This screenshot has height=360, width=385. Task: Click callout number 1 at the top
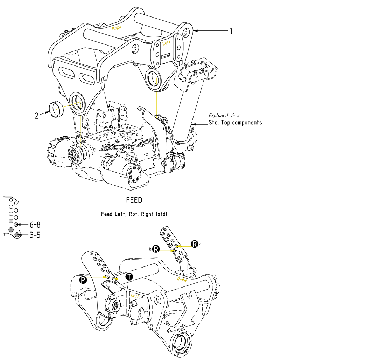point(231,31)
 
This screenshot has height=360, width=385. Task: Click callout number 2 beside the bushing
point(36,116)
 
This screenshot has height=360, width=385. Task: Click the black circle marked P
point(83,279)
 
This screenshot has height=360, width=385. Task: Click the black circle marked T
point(129,277)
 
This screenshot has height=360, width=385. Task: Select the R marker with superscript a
point(194,244)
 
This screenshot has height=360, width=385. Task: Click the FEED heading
point(134,200)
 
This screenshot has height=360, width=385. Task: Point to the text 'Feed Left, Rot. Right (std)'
point(134,214)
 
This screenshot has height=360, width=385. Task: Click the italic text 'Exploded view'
point(224,115)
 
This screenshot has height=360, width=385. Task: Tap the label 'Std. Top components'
point(235,123)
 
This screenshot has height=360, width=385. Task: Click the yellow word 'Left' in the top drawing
point(167,43)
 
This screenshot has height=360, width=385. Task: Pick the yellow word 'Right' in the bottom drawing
point(182,280)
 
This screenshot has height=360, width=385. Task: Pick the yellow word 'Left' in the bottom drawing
point(135,296)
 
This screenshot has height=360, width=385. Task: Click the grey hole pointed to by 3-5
point(16,235)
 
